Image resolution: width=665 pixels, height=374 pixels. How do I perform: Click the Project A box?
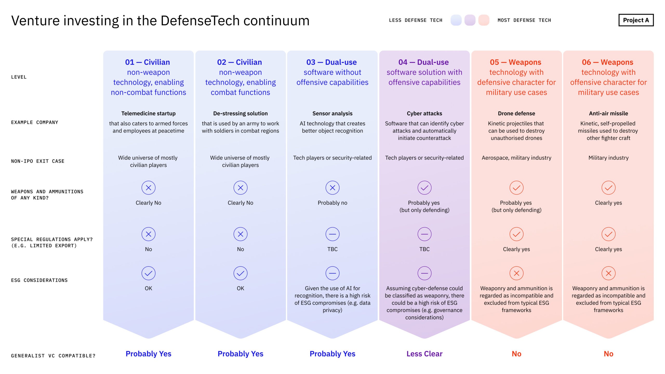(x=636, y=20)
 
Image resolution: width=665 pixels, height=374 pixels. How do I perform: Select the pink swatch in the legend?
(x=484, y=20)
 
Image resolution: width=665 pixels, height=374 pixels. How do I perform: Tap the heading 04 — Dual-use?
(x=423, y=62)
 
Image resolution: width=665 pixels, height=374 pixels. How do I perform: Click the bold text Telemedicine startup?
(x=148, y=113)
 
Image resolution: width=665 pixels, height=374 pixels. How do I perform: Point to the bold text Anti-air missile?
(x=608, y=113)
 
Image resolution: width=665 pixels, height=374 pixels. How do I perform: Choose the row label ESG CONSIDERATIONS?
(x=39, y=280)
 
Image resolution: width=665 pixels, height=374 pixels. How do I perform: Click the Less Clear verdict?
(x=424, y=354)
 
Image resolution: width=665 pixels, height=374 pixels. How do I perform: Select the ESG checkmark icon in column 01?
(x=148, y=273)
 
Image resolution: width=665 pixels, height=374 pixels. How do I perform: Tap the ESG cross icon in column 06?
(x=608, y=273)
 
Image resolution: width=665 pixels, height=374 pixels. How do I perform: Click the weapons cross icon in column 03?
(x=332, y=188)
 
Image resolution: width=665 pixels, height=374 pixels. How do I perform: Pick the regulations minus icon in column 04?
(x=424, y=234)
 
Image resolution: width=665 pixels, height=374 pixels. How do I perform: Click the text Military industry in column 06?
(x=608, y=158)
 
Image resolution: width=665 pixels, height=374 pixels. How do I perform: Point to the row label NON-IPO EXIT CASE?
(x=38, y=161)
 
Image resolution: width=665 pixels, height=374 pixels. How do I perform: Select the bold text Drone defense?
(x=516, y=113)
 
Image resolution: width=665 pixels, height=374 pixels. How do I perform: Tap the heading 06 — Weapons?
(x=607, y=62)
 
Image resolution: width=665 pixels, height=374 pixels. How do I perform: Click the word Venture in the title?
(x=35, y=21)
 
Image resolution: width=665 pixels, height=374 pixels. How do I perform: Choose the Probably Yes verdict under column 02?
(x=240, y=354)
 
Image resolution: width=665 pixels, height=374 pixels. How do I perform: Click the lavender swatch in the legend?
(x=470, y=20)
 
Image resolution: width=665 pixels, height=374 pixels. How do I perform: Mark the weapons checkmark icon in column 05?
(x=516, y=188)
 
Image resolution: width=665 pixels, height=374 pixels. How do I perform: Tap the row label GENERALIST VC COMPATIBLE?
(x=53, y=356)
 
